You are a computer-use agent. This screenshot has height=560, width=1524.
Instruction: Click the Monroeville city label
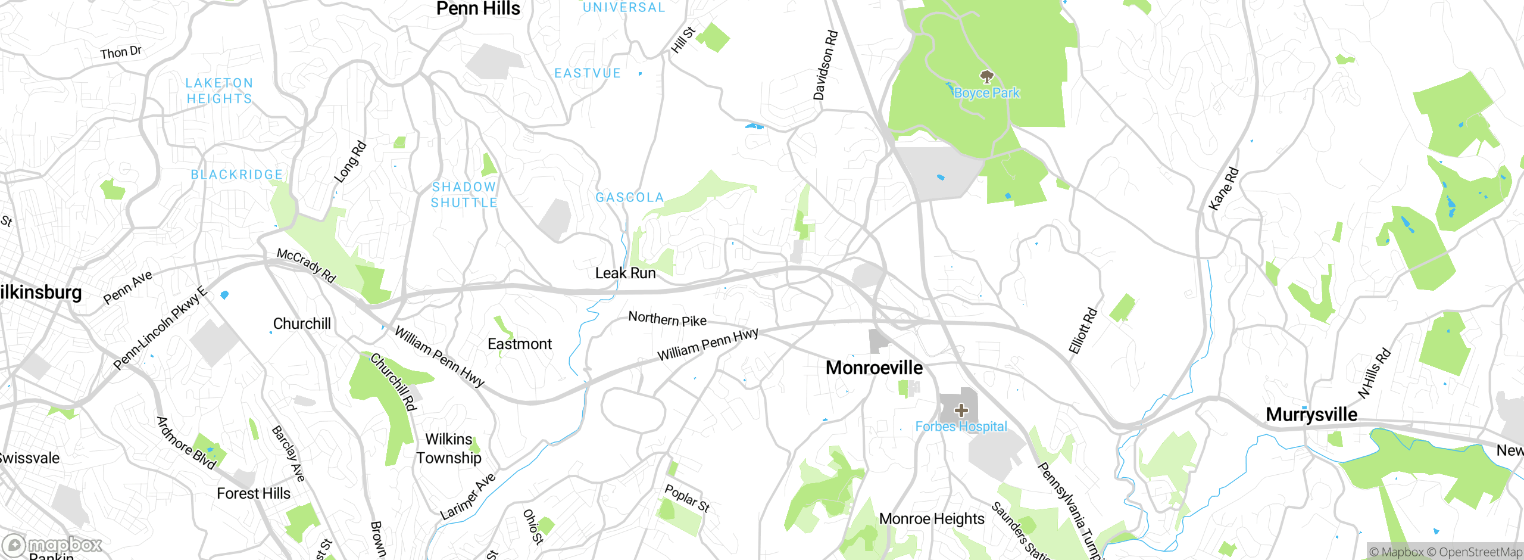874,368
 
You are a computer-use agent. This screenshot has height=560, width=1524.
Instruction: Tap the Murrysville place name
1311,415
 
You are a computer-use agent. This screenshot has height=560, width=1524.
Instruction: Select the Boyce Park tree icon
986,76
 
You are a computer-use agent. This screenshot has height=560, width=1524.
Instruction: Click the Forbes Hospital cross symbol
961,410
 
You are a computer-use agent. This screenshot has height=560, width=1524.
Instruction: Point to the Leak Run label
625,273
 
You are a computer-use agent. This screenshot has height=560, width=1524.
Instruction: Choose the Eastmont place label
519,344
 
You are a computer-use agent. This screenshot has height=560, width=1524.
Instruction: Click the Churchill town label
301,323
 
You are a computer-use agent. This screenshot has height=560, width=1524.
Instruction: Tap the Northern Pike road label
667,319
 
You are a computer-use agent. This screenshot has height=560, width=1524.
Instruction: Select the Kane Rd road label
1223,189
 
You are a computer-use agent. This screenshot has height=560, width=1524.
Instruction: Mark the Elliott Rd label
1082,331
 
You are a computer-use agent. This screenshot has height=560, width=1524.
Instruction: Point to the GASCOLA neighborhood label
629,197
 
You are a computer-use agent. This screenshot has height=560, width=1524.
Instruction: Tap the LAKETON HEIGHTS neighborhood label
219,91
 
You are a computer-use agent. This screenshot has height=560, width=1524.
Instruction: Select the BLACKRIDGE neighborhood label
236,175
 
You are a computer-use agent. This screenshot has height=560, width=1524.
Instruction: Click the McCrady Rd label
307,266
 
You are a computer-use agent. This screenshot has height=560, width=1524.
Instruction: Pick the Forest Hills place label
253,494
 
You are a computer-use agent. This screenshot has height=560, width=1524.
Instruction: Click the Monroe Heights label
931,519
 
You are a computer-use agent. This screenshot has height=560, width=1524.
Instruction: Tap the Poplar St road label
687,498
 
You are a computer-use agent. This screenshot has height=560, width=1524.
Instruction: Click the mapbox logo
52,545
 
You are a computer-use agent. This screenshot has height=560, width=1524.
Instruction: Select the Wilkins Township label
448,449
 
